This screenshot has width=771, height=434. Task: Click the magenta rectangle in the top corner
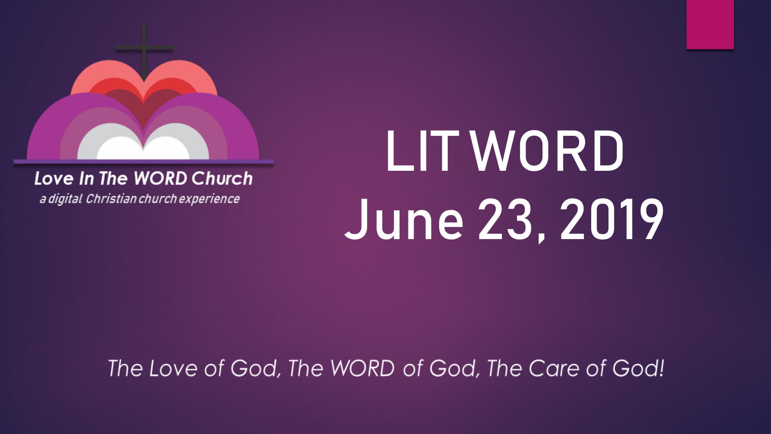coord(710,24)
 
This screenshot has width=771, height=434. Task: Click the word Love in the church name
coord(54,179)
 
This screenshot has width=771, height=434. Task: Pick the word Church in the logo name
coord(222,179)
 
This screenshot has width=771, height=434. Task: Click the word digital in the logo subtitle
coord(65,199)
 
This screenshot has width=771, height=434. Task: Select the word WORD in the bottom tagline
coord(362,368)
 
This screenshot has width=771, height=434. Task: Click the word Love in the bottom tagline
coord(173,368)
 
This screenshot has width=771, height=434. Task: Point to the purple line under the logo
coord(144,162)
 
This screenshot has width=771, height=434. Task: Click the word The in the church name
coord(113,179)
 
